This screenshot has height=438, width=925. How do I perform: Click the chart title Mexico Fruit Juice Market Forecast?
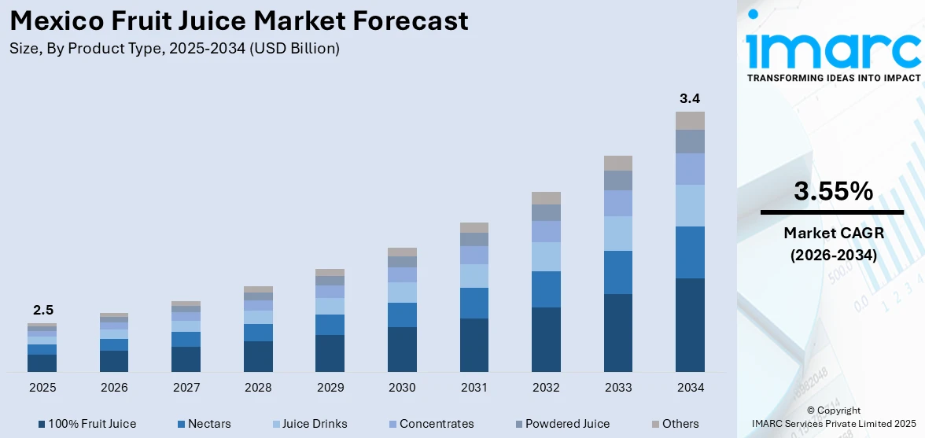point(239,21)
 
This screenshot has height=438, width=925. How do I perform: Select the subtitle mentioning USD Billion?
point(175,49)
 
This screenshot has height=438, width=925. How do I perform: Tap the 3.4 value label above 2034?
point(690,98)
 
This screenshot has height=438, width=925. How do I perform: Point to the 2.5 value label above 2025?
point(42,310)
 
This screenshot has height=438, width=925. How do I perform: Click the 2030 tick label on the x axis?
point(402,388)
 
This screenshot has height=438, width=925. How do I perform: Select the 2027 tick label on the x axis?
point(186,388)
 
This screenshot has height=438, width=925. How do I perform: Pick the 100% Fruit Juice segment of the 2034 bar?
point(690,324)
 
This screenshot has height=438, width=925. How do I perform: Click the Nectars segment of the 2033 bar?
point(618,272)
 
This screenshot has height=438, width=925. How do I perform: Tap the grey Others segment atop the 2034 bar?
point(690,120)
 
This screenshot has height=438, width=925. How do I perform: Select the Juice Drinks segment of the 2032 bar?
point(546,256)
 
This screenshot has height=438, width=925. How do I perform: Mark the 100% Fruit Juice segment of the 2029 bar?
point(330,353)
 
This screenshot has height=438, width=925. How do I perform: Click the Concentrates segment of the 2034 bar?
point(690,168)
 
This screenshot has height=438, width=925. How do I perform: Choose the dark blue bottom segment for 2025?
point(42,363)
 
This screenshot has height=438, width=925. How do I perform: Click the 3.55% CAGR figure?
point(832,191)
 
